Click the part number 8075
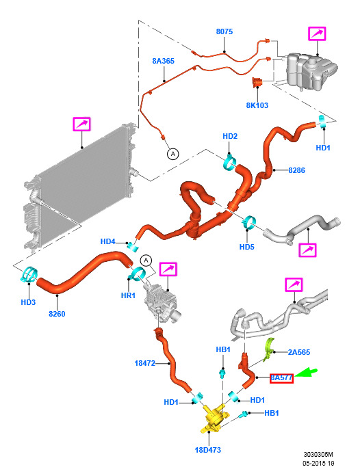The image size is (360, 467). (x=224, y=31)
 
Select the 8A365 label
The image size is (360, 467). (x=163, y=61)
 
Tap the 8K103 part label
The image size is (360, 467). (x=257, y=105)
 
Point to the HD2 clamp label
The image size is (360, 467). (x=230, y=136)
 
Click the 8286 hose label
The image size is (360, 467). (x=296, y=170)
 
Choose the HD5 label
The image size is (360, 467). (x=247, y=247)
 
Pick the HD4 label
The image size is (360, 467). (x=107, y=241)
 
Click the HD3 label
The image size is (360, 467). (x=28, y=302)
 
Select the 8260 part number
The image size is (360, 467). (x=57, y=314)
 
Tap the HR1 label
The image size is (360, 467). (x=128, y=295)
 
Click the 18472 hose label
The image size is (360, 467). (x=145, y=363)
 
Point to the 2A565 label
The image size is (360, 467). (x=299, y=352)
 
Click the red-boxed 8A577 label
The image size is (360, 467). (x=281, y=378)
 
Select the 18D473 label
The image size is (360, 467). (x=207, y=450)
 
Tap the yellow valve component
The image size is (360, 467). (x=215, y=417)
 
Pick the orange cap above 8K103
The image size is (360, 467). (x=257, y=82)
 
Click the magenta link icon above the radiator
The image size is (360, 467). (x=81, y=124)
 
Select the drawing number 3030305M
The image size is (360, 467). (x=318, y=455)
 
